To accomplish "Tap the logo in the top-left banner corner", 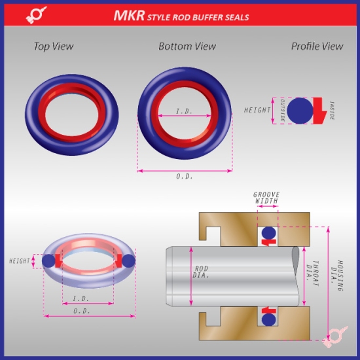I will [33, 16].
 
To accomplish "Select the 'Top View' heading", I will [54, 46].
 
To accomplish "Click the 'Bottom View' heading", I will [187, 46].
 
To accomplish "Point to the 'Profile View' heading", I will [317, 46].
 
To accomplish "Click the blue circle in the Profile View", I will [300, 110].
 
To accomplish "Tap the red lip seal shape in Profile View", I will [321, 111].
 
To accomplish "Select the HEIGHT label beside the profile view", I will [257, 110].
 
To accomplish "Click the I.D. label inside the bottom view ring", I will [184, 112].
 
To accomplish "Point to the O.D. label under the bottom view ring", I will [185, 177].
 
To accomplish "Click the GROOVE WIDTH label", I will [266, 198].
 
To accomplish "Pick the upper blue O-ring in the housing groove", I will [268, 232].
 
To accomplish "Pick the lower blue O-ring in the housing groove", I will [268, 319].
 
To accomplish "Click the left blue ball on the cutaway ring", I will [47, 261].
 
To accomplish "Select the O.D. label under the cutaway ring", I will [82, 310].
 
